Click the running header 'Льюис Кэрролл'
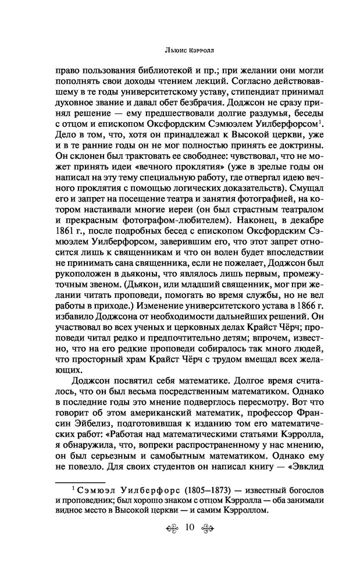tap(180, 48)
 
